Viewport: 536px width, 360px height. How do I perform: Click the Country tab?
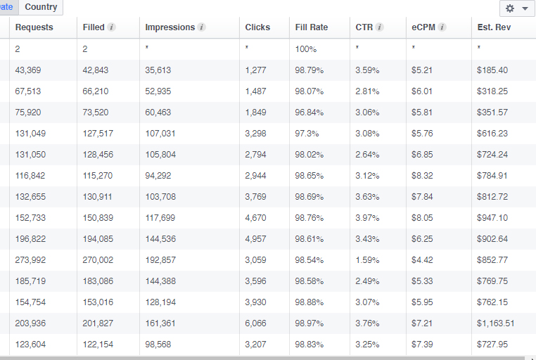click(41, 7)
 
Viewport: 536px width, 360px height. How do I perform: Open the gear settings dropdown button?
click(517, 8)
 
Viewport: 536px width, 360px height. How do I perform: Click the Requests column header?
click(34, 27)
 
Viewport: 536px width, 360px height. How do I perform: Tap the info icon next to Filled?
click(111, 27)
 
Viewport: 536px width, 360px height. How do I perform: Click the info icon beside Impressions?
click(202, 27)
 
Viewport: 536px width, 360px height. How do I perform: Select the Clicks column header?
click(257, 27)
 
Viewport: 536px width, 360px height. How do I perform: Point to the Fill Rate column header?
click(312, 27)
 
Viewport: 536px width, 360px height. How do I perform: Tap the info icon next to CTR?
click(379, 27)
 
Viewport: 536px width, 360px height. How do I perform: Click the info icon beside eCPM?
click(442, 27)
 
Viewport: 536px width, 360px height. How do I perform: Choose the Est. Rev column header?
click(494, 27)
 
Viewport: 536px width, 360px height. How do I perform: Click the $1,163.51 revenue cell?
click(496, 323)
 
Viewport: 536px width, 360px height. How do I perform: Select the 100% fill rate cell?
click(305, 49)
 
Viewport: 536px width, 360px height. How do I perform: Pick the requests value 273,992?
click(30, 260)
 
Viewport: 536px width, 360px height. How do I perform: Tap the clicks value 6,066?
click(255, 323)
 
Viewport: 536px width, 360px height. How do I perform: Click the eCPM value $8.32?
click(422, 176)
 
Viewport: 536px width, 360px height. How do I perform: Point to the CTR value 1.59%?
click(367, 260)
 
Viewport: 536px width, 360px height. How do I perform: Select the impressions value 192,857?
click(160, 260)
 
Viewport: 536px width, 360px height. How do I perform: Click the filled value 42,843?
click(96, 70)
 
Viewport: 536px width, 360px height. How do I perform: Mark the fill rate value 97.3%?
click(307, 133)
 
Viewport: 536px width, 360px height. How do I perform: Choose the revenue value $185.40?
click(492, 70)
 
